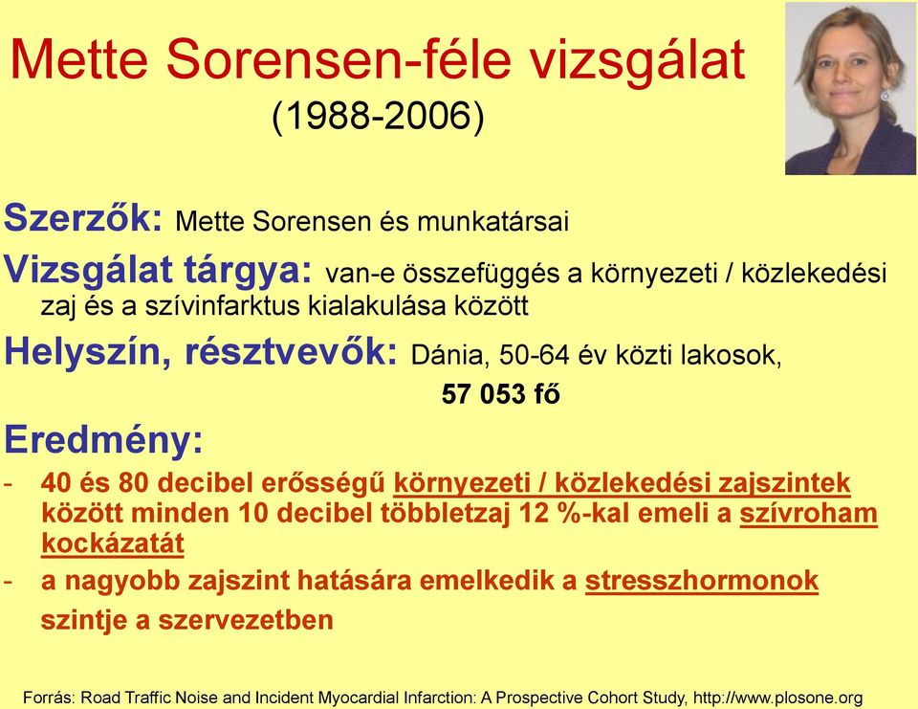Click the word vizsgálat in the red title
637,61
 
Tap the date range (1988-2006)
379,116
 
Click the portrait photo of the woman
851,88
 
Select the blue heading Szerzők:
83,217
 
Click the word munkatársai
492,221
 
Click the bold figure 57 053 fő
500,394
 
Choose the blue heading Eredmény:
103,440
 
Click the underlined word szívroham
809,514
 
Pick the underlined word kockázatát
113,543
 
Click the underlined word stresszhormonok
701,581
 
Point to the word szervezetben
246,620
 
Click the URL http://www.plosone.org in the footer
778,698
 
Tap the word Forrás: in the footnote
49,698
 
